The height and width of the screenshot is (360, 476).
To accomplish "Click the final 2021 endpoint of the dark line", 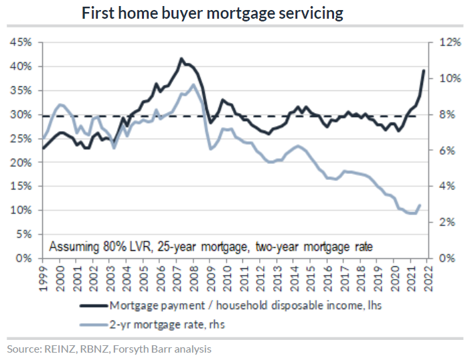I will [x=424, y=70].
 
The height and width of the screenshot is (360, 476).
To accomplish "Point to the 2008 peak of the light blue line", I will [x=193, y=84].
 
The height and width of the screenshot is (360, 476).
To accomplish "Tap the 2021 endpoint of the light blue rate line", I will [x=420, y=205].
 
